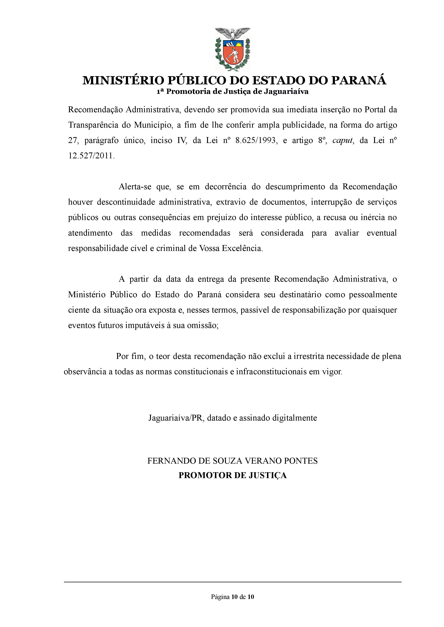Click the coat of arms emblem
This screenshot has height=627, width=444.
tap(232, 49)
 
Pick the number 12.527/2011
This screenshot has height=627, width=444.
tap(91, 156)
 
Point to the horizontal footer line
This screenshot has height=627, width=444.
tap(232, 582)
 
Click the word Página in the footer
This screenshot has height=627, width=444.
tap(220, 597)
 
